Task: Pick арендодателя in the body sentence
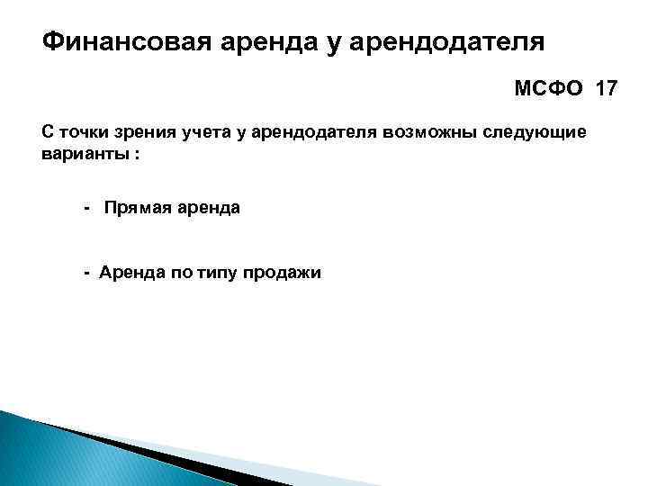point(301,132)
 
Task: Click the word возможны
point(417,132)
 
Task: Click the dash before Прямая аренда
point(87,208)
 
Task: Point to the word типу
point(210,273)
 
